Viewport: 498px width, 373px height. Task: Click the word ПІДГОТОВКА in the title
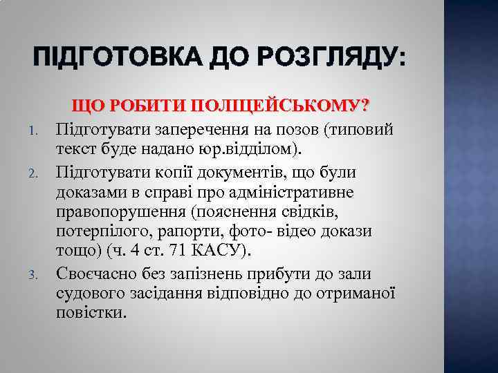coord(107,57)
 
